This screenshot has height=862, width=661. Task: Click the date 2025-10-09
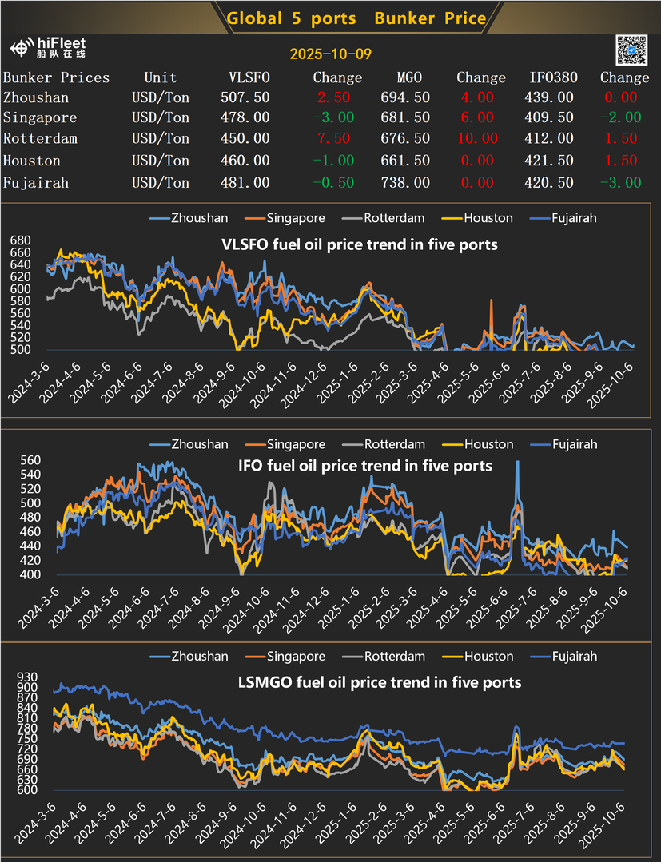point(330,54)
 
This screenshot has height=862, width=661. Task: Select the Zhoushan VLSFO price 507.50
point(245,97)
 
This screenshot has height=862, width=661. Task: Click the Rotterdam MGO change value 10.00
point(477,139)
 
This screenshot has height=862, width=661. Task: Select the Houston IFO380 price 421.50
point(552,161)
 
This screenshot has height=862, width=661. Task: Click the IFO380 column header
point(552,77)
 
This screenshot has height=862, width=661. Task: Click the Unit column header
point(160,77)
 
